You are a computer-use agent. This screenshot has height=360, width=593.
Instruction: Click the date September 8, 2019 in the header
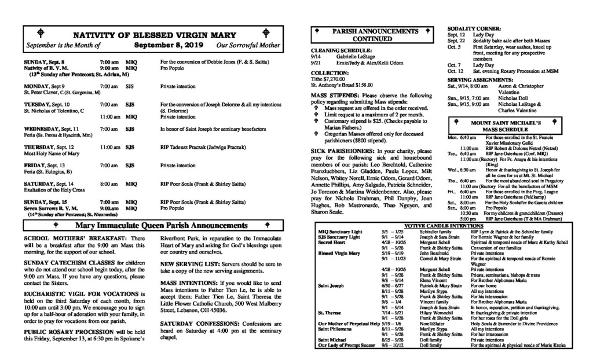[167, 45]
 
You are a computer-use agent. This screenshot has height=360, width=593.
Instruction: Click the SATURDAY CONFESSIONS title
[196, 322]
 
